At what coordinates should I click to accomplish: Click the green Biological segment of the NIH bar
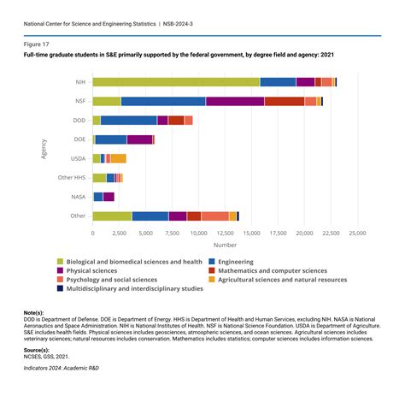175,82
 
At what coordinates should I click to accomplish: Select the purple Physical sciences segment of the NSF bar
235,101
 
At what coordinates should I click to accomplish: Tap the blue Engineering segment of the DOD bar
128,121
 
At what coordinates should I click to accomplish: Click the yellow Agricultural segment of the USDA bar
119,158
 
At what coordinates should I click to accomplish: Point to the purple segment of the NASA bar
109,197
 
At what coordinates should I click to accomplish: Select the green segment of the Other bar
112,216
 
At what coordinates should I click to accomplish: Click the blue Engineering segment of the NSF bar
163,101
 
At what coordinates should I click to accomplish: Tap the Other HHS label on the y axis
71,178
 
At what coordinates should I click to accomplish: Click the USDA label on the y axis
77,158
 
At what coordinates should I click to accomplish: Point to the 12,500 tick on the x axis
225,233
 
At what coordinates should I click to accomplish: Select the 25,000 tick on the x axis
357,233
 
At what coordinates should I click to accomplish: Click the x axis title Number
225,245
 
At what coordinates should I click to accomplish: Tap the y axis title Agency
44,149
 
